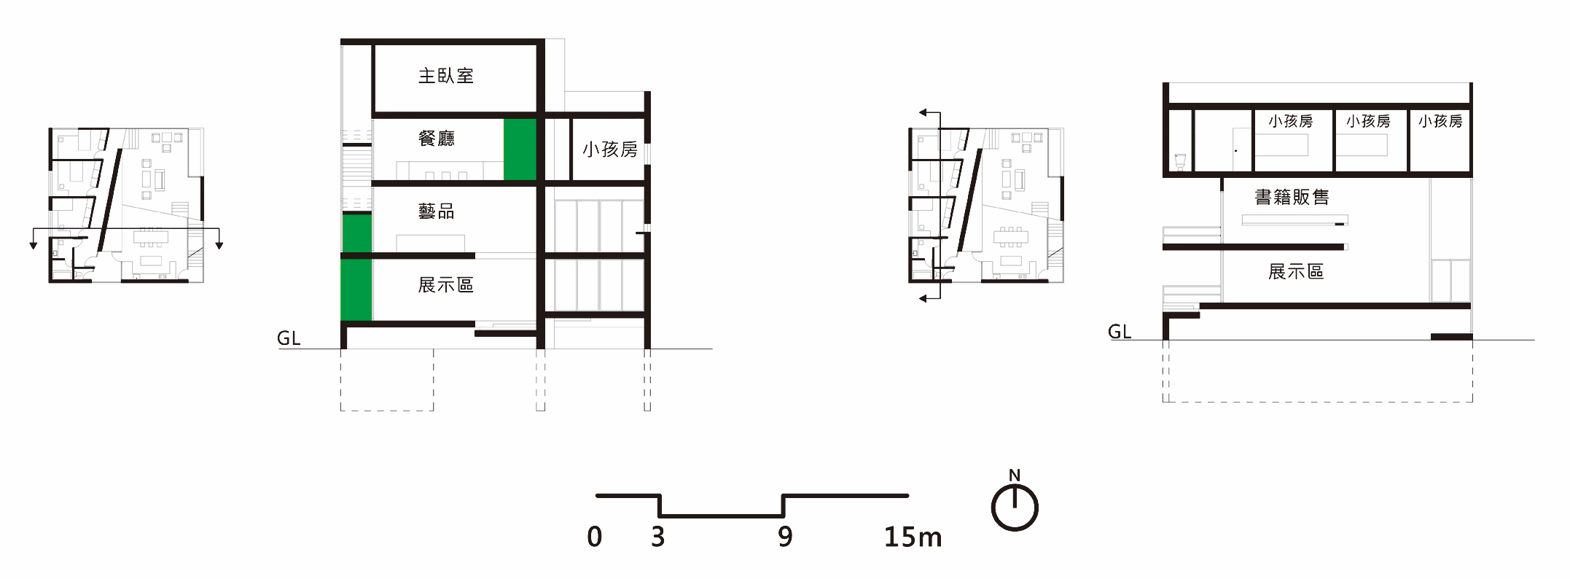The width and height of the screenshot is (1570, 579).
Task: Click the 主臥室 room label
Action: pyautogui.click(x=445, y=76)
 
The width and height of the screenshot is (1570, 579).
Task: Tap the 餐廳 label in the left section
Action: pyautogui.click(x=436, y=138)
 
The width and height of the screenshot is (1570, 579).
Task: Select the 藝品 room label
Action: pyautogui.click(x=436, y=211)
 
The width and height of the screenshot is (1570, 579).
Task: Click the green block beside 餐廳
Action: pyautogui.click(x=520, y=149)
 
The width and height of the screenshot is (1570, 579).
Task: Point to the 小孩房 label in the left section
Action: pyautogui.click(x=610, y=149)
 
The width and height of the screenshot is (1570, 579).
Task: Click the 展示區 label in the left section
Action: pyautogui.click(x=445, y=285)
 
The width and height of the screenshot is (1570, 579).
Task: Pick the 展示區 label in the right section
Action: pyautogui.click(x=1295, y=272)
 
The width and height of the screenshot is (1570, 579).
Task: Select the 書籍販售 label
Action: pyautogui.click(x=1292, y=197)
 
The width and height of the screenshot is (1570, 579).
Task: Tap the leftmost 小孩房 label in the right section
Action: pyautogui.click(x=1290, y=121)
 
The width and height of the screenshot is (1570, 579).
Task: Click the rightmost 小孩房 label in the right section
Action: pyautogui.click(x=1440, y=121)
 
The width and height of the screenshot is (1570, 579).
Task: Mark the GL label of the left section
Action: pyautogui.click(x=289, y=338)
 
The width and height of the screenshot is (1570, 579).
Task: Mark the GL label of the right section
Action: pyautogui.click(x=1120, y=333)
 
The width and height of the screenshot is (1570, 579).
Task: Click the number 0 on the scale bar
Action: pyautogui.click(x=595, y=537)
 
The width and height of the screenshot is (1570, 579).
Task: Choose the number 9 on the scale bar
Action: pyautogui.click(x=785, y=537)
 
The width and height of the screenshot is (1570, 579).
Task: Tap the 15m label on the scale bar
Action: pyautogui.click(x=913, y=537)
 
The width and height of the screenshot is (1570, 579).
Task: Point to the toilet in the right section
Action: pyautogui.click(x=1180, y=162)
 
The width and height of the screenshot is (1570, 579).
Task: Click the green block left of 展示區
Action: pyautogui.click(x=356, y=267)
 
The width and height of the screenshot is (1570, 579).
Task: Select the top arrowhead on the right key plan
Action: pyautogui.click(x=923, y=112)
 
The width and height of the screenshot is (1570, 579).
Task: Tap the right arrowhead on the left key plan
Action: pyautogui.click(x=219, y=245)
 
